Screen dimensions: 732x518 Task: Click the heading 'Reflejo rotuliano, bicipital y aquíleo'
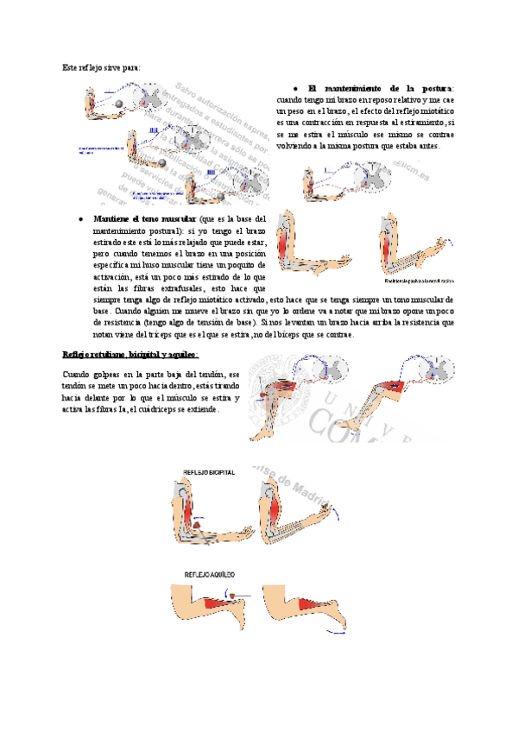coord(130,354)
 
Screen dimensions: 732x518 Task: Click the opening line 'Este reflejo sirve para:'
coord(101,66)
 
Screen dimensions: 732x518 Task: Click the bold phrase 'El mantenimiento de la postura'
coord(379,88)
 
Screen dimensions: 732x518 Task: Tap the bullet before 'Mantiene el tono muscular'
coord(79,220)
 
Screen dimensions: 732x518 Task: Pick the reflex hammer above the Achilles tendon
coord(232,595)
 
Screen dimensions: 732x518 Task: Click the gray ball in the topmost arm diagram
coord(118,104)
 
